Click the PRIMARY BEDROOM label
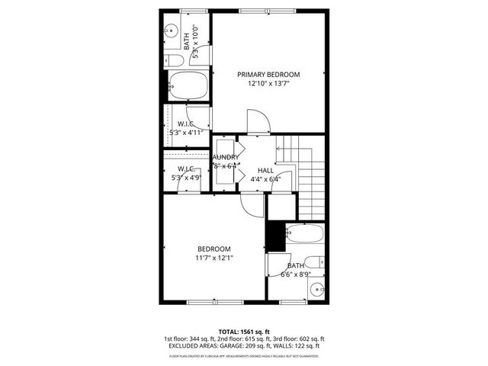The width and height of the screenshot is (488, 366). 268,75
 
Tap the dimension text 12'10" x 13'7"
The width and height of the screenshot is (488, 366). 268,84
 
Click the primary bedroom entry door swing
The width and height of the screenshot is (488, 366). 257,120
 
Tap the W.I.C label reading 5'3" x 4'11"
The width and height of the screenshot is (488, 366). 185,132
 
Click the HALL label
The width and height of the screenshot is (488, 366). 265,170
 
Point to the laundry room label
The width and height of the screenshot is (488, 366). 226,157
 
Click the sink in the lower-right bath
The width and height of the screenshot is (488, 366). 317,290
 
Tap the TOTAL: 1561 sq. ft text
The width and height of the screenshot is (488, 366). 244,332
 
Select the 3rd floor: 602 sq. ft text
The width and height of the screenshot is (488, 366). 300,339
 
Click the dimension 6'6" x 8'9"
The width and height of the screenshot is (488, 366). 295,274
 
